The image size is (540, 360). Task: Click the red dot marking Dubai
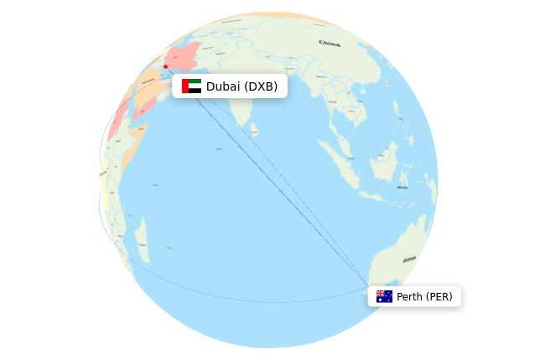click(165, 66)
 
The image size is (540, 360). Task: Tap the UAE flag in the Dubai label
click(191, 86)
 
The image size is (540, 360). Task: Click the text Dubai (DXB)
click(241, 86)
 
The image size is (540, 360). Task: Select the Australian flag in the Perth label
click(384, 296)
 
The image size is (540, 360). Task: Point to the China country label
click(330, 43)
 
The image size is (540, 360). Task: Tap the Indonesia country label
click(402, 186)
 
